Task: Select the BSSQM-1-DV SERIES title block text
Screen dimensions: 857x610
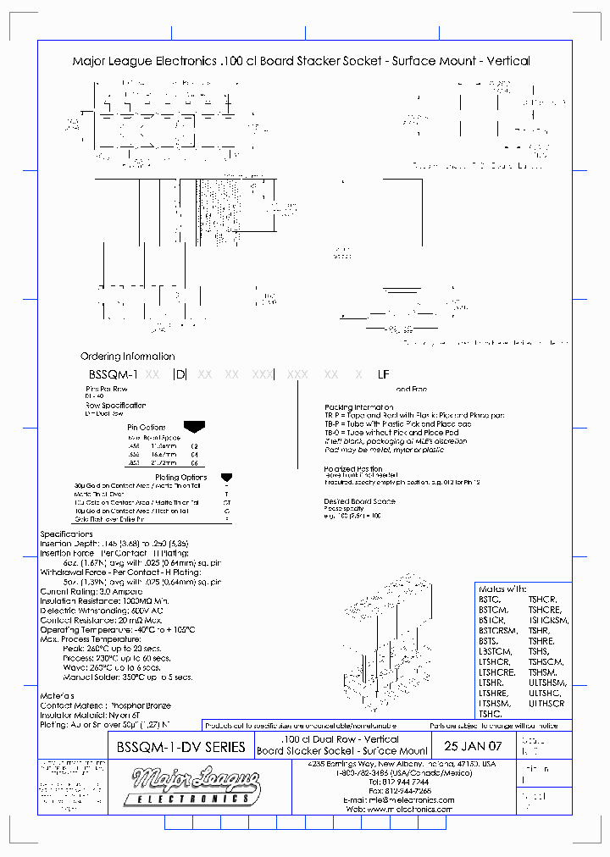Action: tap(179, 747)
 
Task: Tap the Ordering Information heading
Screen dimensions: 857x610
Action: tap(127, 357)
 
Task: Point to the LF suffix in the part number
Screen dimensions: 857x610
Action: tap(383, 373)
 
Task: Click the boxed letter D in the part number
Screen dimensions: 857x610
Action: tap(179, 373)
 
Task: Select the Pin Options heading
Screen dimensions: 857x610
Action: tap(146, 428)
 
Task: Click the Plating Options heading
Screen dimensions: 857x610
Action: tap(181, 478)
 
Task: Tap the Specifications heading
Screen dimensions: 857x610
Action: tap(67, 534)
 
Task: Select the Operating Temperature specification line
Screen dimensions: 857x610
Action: tap(118, 629)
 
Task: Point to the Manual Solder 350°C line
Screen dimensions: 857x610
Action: tap(127, 677)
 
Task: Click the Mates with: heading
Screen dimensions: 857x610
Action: tap(502, 589)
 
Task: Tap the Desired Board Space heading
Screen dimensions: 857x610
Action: tap(359, 501)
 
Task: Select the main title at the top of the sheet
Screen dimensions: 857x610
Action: tap(301, 61)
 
